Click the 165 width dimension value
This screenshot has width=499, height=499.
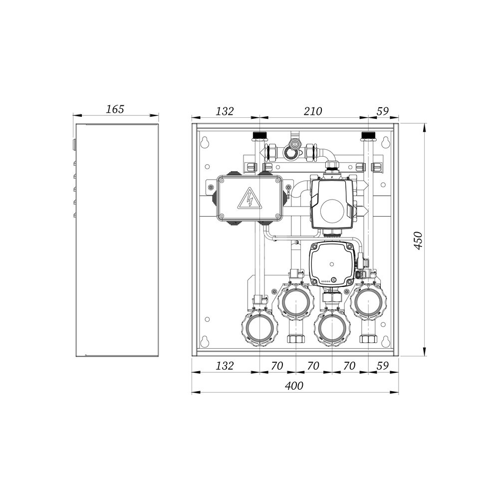tap(115, 109)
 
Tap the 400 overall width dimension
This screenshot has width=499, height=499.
tap(294, 386)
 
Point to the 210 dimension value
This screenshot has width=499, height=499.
tap(313, 111)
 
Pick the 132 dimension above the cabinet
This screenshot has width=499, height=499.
tap(225, 111)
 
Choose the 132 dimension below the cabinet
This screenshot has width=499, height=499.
tap(225, 366)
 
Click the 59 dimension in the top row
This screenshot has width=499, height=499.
tap(383, 111)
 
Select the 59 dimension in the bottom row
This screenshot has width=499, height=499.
tap(383, 366)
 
